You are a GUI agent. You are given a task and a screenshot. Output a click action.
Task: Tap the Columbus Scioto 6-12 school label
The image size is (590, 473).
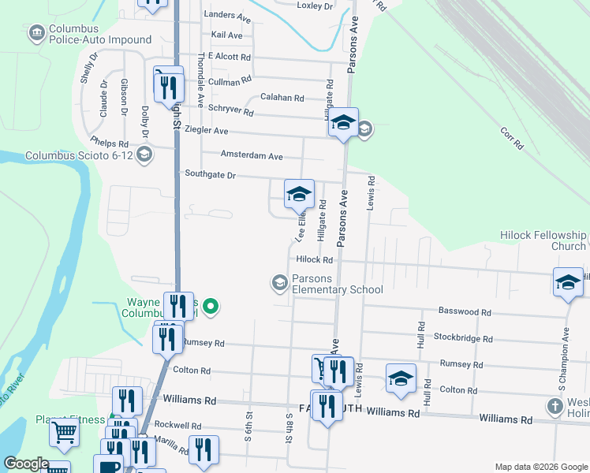[80, 155]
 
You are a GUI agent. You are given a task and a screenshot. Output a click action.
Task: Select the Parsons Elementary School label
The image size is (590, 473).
[337, 284]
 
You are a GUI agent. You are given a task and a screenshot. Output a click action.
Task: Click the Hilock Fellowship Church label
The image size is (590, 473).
[543, 240]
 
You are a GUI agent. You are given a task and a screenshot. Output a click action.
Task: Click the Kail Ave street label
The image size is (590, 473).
[227, 35]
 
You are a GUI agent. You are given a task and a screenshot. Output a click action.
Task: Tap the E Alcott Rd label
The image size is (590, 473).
[230, 57]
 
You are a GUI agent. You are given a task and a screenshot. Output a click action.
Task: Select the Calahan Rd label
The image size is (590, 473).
[282, 99]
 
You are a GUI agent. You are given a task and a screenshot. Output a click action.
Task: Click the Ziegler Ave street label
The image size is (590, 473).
[207, 130]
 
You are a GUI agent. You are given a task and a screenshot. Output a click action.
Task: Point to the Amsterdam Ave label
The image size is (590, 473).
[252, 156]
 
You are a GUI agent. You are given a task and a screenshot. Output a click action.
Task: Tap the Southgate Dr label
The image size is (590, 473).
[210, 173]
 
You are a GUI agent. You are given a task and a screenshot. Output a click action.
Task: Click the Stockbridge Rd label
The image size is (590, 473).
[463, 339]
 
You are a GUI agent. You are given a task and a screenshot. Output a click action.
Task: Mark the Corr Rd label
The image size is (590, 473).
[512, 139]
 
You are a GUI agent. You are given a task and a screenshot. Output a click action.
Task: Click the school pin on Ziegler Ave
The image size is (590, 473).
[343, 123]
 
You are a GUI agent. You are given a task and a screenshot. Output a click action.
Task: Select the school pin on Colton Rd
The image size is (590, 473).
[401, 379]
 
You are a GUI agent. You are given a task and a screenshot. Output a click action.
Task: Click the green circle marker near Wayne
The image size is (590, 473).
[211, 306]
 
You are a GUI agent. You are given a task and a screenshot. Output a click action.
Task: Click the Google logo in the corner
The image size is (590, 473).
[27, 464]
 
